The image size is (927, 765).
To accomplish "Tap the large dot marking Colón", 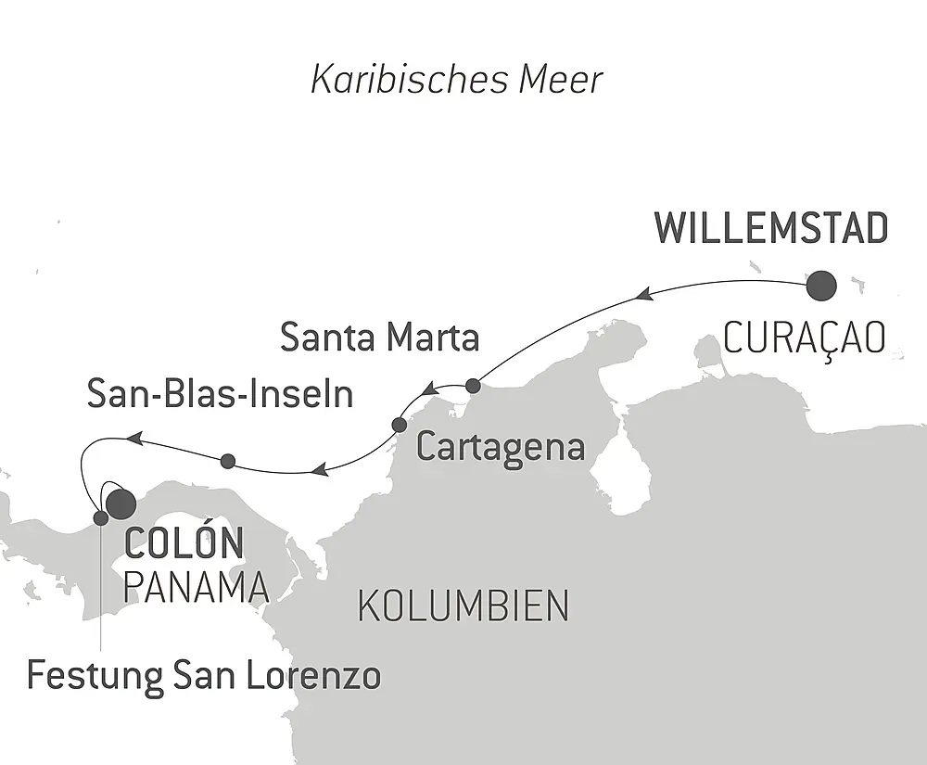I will [121, 503].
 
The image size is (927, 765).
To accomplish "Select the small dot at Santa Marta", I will [473, 385].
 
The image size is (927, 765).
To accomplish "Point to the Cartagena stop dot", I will [399, 425].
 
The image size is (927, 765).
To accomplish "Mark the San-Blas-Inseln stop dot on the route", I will [228, 460].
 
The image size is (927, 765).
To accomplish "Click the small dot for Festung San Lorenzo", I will [100, 517].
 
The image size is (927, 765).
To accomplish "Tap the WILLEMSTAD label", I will [771, 229].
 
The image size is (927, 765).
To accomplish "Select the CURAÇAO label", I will [804, 339].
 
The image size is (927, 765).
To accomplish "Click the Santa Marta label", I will [380, 338].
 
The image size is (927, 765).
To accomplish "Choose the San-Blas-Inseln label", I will [220, 394].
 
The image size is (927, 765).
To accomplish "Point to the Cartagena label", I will [501, 448].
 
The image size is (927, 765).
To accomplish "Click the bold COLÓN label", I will [183, 544].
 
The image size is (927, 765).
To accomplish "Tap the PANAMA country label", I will [196, 587].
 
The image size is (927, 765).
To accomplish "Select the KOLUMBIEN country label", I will [463, 606].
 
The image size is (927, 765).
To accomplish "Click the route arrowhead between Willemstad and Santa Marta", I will [645, 294].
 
